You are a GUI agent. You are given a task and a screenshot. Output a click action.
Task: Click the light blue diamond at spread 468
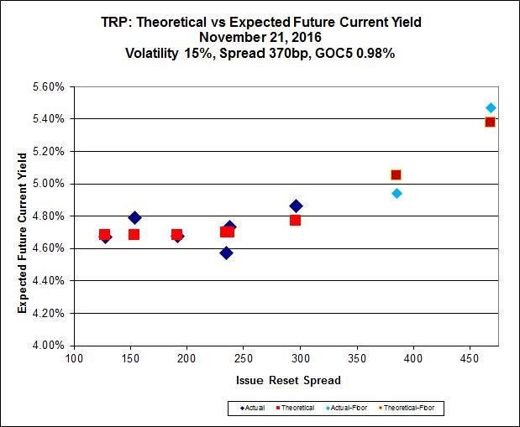pos(491,107)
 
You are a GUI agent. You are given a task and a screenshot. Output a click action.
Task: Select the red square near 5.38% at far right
pos(490,122)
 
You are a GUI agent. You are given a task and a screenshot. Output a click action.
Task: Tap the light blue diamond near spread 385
pos(397,193)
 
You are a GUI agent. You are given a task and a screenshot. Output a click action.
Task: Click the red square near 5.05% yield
pos(396,174)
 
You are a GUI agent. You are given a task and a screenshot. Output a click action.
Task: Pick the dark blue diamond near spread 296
pos(296,206)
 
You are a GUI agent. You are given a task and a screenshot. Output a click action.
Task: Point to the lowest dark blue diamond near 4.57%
pos(226,253)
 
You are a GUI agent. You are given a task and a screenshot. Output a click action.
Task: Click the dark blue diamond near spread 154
pos(134,217)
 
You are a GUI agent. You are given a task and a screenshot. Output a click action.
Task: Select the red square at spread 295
pos(295,220)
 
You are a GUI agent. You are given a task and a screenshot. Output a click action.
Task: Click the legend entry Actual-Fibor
pos(344,408)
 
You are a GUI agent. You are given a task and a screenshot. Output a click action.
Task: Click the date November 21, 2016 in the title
pos(263,37)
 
